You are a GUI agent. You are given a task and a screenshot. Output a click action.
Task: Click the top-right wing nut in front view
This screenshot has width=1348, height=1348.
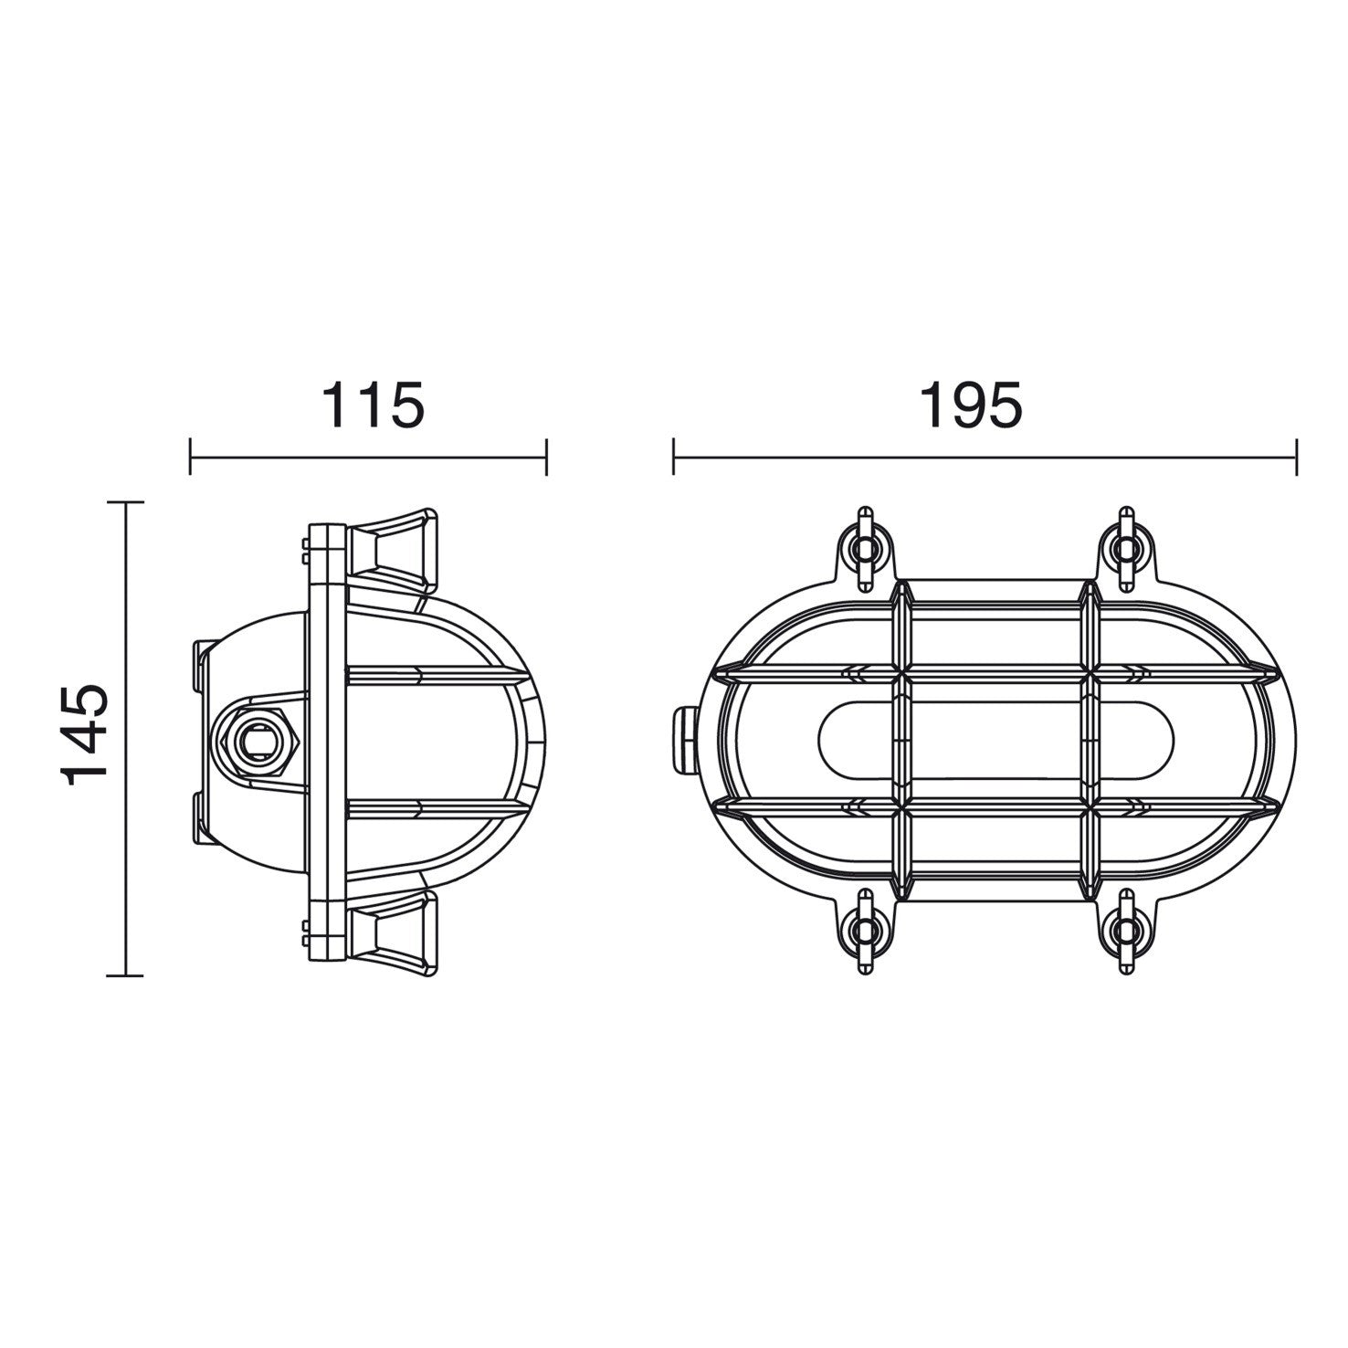[1128, 547]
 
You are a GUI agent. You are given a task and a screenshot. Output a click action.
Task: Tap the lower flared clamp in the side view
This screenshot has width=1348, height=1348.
[393, 928]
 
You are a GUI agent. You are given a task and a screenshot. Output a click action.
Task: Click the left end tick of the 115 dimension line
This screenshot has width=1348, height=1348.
[190, 456]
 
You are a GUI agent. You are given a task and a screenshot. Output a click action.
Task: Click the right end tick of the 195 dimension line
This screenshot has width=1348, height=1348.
[1296, 456]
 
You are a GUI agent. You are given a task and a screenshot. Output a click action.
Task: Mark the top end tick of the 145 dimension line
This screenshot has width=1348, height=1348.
[125, 502]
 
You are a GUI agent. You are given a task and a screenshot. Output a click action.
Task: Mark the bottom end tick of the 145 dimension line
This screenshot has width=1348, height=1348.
[125, 975]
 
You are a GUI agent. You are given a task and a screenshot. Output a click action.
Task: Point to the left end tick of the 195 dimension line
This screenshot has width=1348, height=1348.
[673, 456]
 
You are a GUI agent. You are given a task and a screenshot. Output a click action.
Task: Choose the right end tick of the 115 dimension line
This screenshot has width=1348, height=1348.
[546, 456]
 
